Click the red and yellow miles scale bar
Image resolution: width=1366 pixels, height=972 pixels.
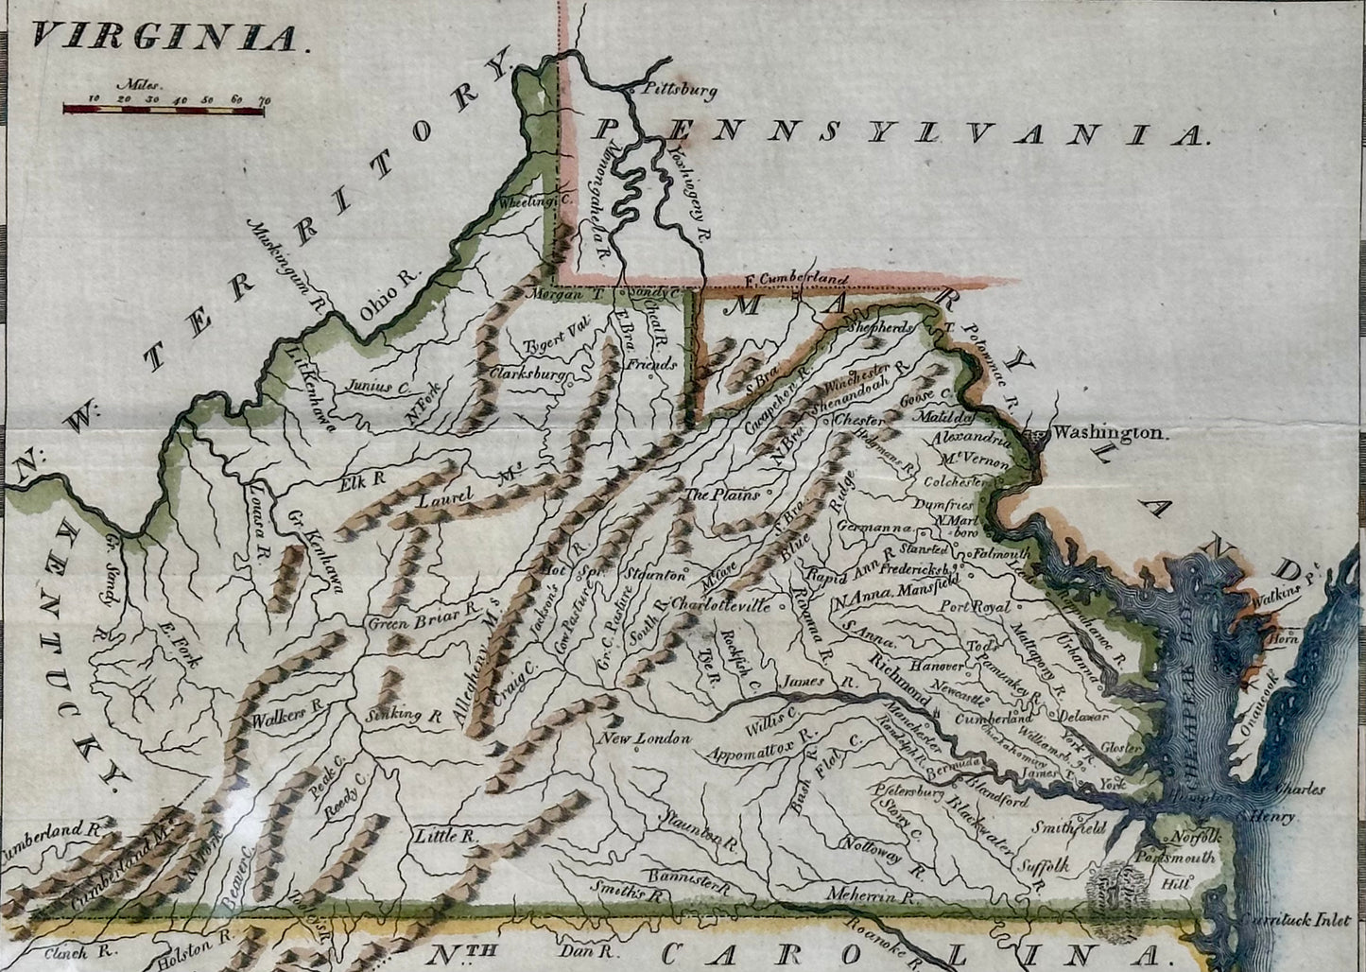point(163,110)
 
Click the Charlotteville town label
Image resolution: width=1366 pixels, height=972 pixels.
point(719,604)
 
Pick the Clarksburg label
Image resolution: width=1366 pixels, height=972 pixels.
point(527,374)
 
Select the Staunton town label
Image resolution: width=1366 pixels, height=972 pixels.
point(653,574)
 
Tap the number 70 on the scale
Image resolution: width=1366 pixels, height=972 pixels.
point(264,98)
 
